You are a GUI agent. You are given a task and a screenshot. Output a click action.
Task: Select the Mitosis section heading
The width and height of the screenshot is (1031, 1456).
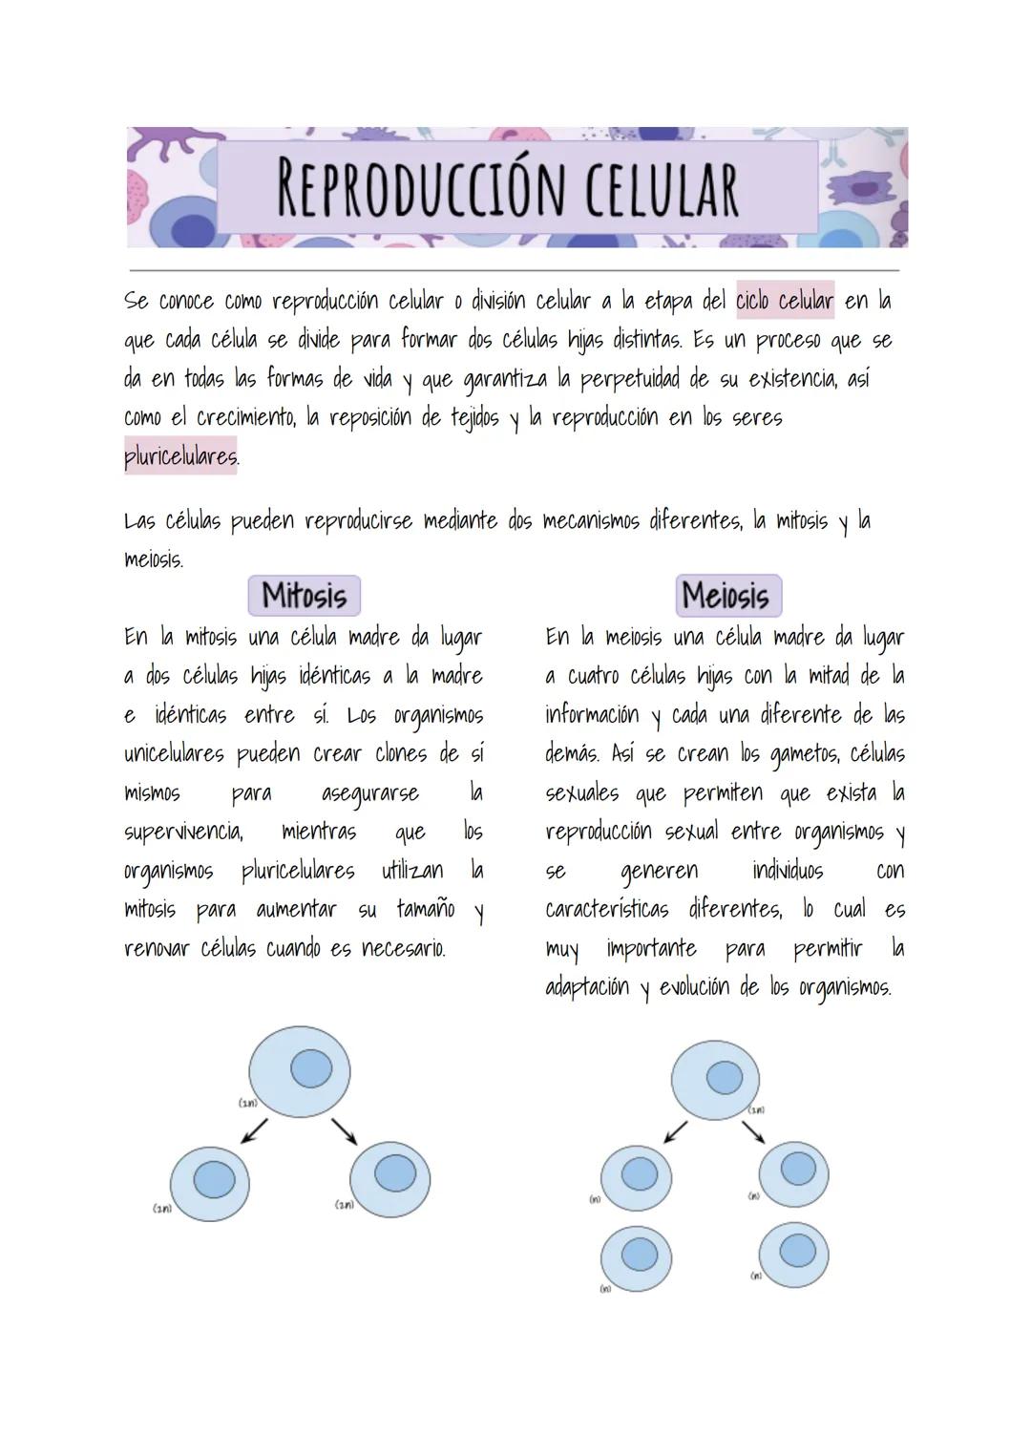(304, 596)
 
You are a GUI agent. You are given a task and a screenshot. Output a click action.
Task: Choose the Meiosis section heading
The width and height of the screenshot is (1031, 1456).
(727, 596)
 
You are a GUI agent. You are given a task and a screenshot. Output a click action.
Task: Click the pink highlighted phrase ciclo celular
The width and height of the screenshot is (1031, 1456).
(785, 301)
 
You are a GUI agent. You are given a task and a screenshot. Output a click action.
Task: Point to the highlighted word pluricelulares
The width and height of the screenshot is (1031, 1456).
(180, 456)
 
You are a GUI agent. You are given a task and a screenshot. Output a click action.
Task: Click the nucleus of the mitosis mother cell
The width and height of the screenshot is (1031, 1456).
(310, 1068)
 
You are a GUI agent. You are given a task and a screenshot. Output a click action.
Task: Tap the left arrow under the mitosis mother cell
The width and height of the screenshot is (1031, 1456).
(254, 1130)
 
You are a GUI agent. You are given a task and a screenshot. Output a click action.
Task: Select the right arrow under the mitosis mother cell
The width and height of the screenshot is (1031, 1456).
(344, 1130)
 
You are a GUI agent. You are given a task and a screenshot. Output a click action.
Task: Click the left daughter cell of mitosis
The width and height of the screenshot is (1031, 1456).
(210, 1181)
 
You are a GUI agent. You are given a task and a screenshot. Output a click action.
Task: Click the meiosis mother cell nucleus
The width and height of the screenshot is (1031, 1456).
(724, 1078)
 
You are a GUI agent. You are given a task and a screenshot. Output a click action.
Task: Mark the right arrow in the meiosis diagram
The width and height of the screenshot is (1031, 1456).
(753, 1131)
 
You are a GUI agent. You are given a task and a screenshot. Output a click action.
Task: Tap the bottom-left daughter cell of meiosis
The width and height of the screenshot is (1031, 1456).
(636, 1255)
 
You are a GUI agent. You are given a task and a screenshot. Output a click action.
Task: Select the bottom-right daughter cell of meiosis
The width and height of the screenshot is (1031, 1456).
(793, 1251)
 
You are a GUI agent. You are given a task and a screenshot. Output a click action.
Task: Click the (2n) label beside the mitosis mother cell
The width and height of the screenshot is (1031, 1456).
(247, 1103)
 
